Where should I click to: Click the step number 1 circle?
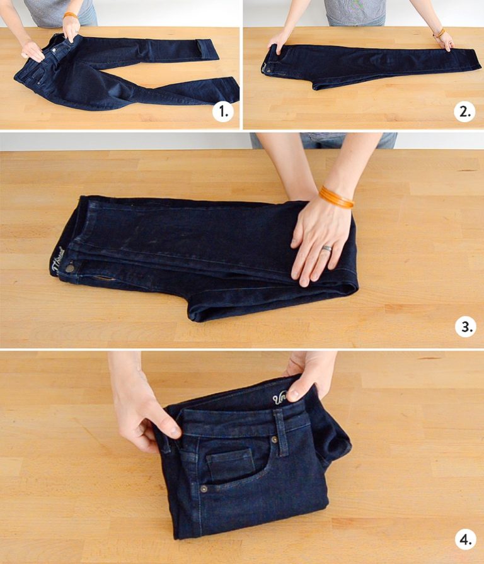pos(222,113)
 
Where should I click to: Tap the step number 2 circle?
pos(464,113)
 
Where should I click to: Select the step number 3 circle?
pos(466,327)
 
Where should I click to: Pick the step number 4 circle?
pos(466,539)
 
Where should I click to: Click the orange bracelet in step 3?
pos(335,196)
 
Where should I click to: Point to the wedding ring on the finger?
pos(326,249)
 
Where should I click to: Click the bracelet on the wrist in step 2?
pos(439,33)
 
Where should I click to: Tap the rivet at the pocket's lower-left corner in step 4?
pos(204,488)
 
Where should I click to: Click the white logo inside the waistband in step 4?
pos(281,398)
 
